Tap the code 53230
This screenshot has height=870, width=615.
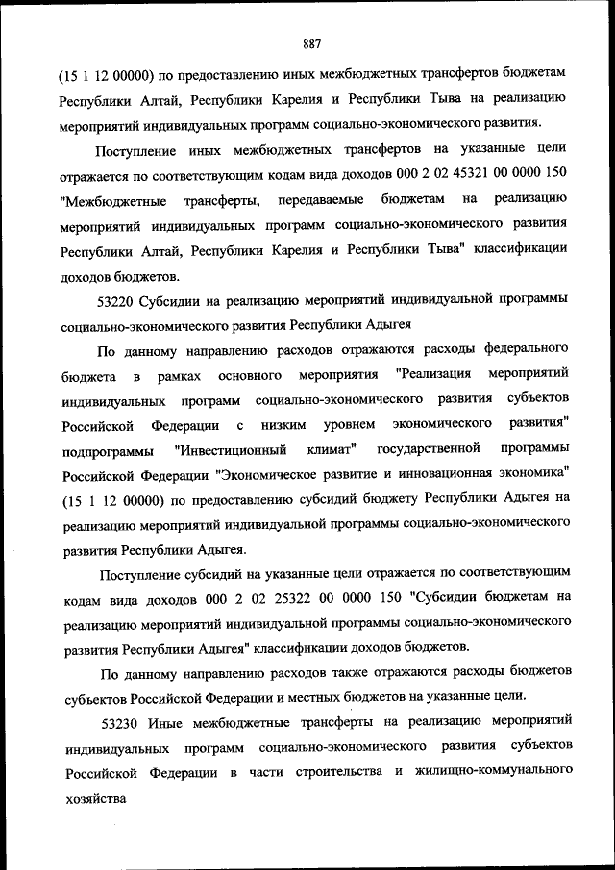[x=120, y=719]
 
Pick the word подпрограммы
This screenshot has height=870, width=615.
[x=106, y=449]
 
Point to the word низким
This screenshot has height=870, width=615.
[x=288, y=424]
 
